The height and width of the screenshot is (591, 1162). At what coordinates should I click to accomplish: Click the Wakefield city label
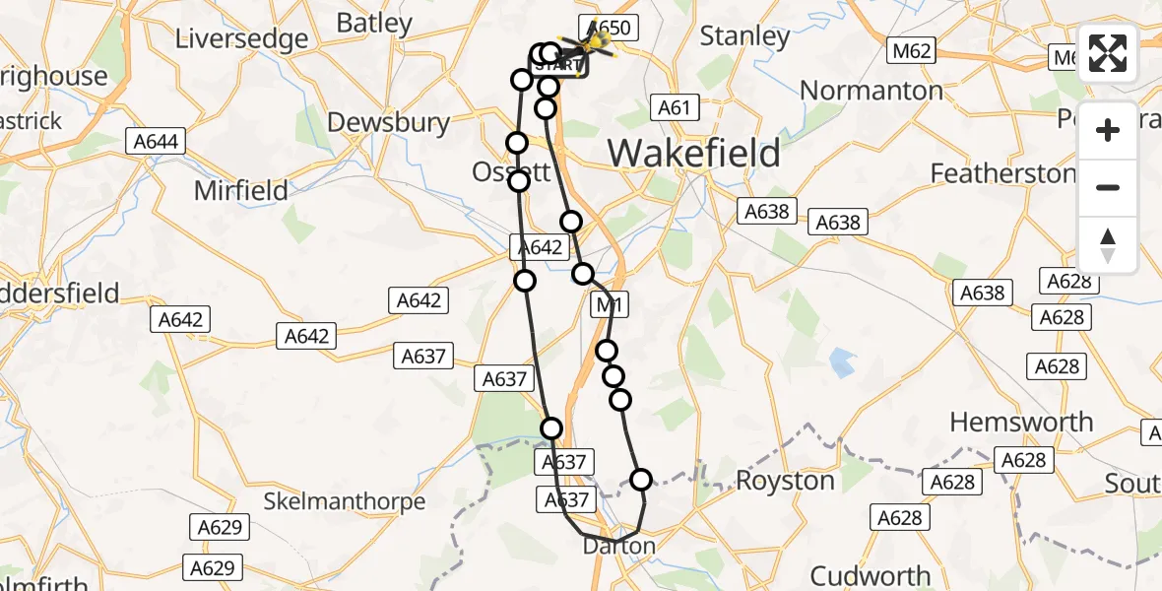693,154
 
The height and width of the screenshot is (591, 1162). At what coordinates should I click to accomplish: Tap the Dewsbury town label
388,122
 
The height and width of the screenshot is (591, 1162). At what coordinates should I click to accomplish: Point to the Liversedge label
241,38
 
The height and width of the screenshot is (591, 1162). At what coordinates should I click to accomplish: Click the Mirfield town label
241,190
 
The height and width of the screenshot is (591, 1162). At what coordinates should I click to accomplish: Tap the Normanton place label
871,91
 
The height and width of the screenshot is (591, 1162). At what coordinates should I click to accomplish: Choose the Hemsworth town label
1021,423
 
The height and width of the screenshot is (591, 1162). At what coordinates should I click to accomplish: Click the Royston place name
785,481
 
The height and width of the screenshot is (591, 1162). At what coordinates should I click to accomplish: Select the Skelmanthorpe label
344,501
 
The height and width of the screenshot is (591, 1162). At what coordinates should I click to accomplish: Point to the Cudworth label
870,575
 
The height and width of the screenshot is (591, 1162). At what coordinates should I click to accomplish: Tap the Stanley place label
744,36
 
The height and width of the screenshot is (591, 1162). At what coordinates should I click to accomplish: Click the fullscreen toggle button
1108,53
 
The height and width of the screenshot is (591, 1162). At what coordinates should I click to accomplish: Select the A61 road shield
675,107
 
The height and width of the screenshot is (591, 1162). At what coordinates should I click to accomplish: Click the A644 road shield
155,142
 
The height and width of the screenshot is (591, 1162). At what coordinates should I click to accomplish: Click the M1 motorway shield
609,306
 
